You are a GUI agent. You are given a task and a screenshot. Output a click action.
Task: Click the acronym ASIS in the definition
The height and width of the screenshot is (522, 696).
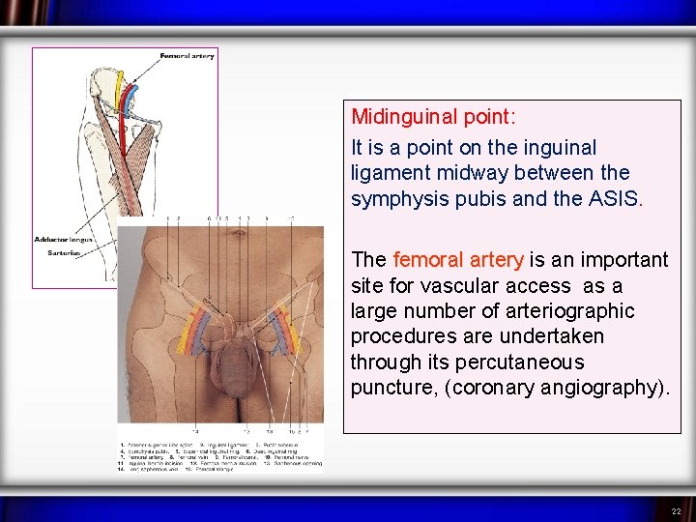(x=615, y=199)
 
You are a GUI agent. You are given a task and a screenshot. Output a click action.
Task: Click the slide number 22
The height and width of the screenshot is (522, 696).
(x=677, y=510)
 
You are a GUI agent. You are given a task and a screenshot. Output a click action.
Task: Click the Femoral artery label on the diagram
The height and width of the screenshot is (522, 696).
(x=188, y=56)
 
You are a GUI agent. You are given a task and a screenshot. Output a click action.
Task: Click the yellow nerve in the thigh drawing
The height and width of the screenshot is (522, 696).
(x=119, y=92)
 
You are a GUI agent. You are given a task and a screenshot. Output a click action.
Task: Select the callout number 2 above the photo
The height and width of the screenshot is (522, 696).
(x=179, y=219)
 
